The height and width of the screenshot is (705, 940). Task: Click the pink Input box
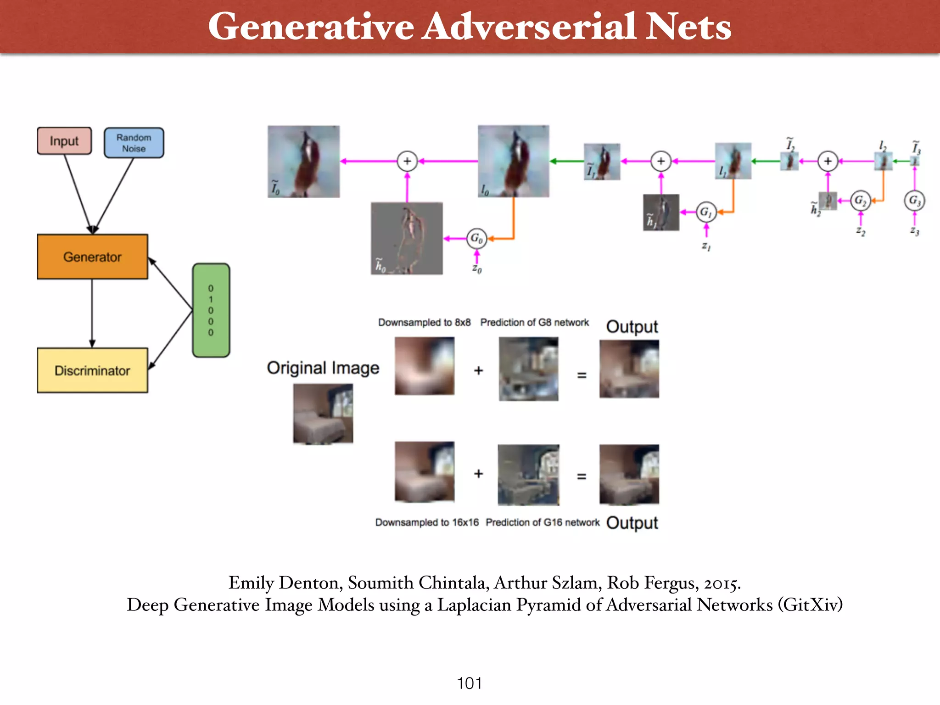point(64,141)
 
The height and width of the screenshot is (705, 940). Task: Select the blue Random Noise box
point(134,143)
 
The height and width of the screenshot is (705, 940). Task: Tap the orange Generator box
point(92,257)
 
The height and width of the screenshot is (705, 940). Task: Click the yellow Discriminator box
point(92,370)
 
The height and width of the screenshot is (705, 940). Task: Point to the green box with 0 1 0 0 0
point(211,310)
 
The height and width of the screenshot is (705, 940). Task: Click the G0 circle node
point(476,239)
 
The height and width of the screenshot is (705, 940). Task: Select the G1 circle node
point(706,212)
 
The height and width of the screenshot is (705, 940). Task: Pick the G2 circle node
point(860,201)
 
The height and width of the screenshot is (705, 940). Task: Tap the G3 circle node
point(914,201)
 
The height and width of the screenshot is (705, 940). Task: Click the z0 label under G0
point(477,269)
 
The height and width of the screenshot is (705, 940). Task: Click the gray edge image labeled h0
point(407,238)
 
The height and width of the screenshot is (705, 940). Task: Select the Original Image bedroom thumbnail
point(323,414)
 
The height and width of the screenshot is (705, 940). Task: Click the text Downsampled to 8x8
point(424,323)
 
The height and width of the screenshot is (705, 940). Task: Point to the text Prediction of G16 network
point(543,522)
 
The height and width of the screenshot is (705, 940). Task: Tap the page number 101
point(469,683)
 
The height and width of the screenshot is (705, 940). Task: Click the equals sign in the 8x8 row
point(582,375)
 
